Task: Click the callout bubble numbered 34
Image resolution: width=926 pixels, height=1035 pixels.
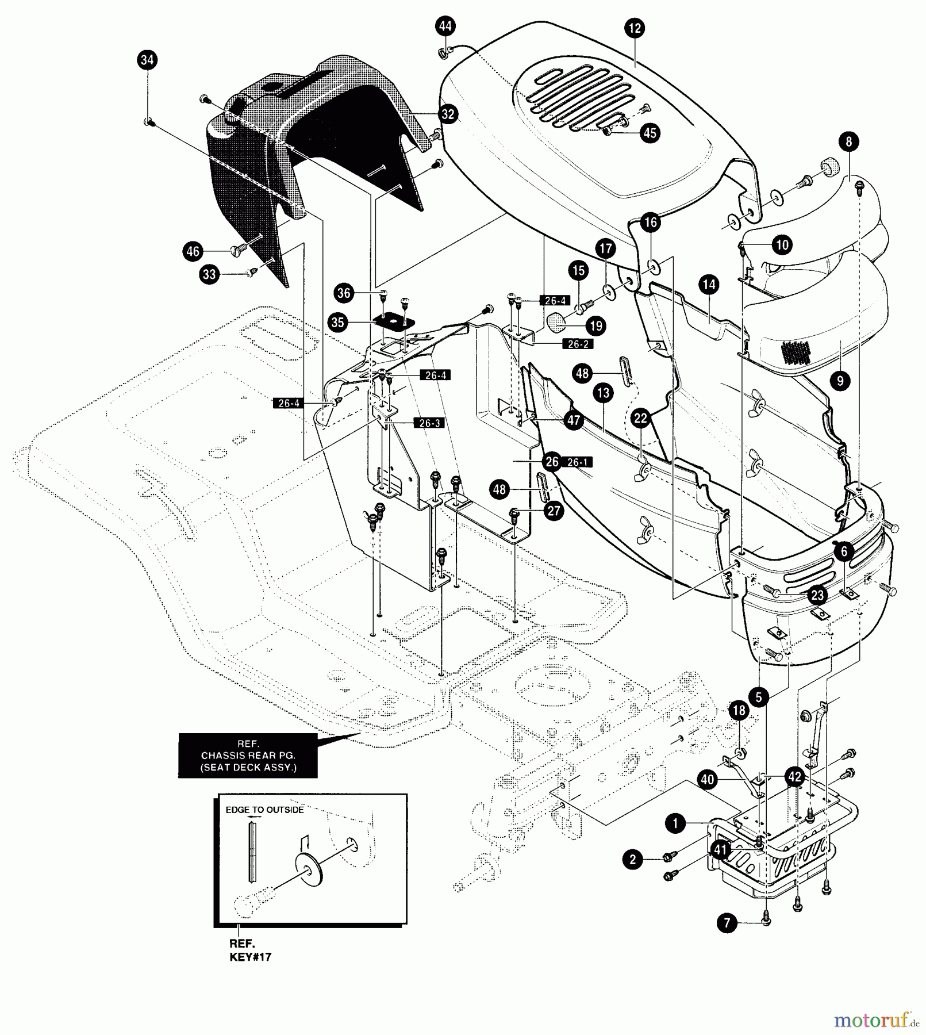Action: (147, 60)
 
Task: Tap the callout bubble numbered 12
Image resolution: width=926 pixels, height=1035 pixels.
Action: (635, 28)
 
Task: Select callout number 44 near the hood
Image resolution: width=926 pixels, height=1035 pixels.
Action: (445, 26)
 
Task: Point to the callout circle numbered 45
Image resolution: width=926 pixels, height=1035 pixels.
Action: (650, 133)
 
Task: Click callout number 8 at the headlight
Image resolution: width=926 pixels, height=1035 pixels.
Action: (848, 141)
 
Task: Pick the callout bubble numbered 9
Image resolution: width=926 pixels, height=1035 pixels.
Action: (840, 381)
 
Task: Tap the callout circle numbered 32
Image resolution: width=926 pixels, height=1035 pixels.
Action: (448, 114)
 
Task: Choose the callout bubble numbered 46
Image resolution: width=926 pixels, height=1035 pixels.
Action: (193, 251)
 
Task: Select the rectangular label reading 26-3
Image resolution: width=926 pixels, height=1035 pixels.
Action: (429, 423)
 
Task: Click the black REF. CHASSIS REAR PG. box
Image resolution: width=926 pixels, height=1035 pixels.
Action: (248, 756)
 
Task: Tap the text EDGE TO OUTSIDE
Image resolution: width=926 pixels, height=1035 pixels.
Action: (264, 810)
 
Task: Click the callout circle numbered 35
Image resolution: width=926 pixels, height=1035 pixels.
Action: (337, 323)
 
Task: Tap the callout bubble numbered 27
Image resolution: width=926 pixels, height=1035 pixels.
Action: (553, 511)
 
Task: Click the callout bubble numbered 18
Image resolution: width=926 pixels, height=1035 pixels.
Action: (739, 711)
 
